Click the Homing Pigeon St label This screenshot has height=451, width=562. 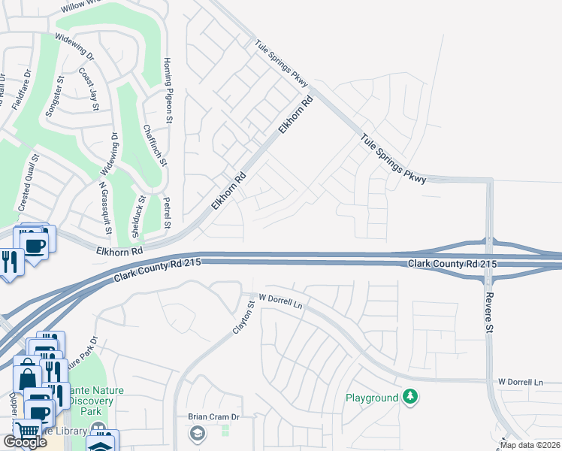(169, 83)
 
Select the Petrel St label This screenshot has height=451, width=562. (167, 213)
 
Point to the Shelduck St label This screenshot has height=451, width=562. (143, 213)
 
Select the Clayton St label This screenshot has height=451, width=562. (242, 319)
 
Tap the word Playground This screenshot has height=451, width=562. (372, 397)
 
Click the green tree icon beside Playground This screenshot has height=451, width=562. (409, 396)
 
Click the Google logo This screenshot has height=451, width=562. (25, 442)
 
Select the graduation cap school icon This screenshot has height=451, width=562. (197, 433)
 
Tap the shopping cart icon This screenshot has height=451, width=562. (26, 432)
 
